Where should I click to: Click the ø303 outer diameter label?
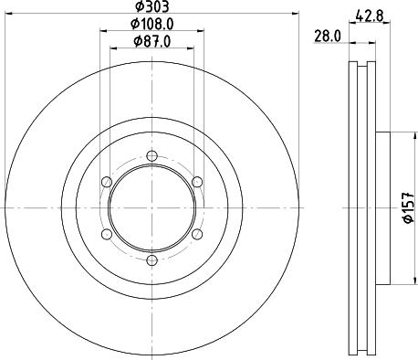152,6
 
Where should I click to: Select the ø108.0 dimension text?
152,24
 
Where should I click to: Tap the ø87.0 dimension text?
152,41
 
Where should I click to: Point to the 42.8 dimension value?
369,16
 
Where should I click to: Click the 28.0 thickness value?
328,37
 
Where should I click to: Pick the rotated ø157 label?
408,207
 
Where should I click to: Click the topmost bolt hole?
152,156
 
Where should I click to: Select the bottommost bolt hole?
152,260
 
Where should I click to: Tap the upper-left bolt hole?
107,182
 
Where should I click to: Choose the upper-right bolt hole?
197,182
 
